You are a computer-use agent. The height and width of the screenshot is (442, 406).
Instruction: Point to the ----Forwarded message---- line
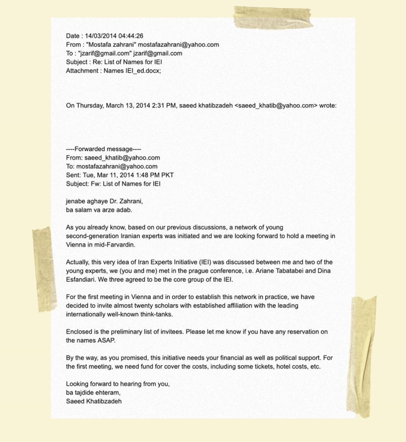coord(104,149)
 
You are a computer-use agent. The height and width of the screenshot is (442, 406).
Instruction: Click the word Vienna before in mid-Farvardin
coord(77,245)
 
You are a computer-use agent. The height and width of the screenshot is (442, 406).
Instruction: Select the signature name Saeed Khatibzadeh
coord(93,401)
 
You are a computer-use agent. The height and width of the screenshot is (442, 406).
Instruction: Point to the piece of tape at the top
coord(266,17)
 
